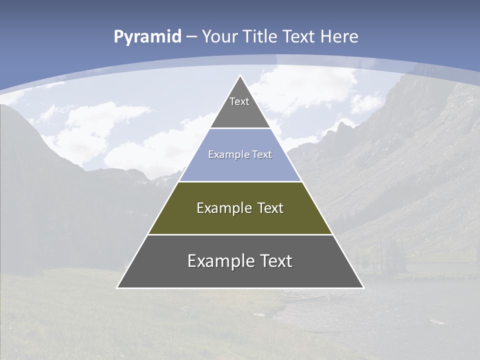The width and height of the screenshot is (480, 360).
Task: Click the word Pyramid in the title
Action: coord(147,37)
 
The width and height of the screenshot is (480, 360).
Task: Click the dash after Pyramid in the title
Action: coord(191,37)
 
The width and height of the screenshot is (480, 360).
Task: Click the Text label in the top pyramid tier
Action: coord(239,101)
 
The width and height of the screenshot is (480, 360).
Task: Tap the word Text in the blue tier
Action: coord(262,155)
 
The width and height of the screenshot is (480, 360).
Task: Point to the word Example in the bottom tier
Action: coord(221,261)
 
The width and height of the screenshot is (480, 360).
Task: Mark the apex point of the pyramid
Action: coord(240,76)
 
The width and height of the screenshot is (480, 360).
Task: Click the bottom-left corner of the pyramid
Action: coord(117,287)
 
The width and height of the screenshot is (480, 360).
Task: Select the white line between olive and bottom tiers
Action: coord(240,234)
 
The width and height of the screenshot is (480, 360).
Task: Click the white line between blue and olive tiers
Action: coord(240,181)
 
